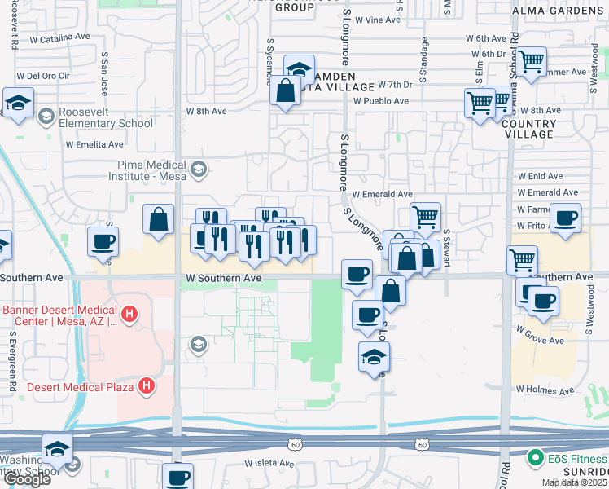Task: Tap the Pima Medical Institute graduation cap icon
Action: [197, 170]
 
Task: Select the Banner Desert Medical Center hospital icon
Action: [127, 314]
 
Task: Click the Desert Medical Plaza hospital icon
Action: [147, 385]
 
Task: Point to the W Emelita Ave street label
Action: [94, 144]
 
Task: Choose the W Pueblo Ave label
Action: [380, 101]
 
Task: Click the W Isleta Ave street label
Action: [269, 463]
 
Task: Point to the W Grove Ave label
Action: [539, 335]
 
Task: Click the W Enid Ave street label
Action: [540, 176]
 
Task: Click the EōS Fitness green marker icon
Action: [535, 458]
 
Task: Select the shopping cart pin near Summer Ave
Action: [531, 59]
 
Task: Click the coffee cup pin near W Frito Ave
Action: [566, 218]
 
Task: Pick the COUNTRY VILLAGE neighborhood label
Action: [530, 129]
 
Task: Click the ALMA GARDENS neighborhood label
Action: [557, 11]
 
